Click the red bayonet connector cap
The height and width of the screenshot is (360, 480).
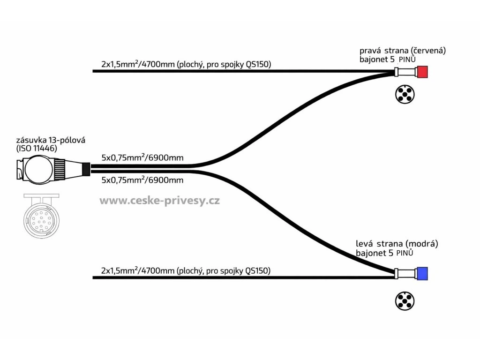pos(423,72)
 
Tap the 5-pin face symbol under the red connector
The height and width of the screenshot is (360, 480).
pos(404,95)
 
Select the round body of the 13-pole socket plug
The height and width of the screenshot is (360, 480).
pos(37,169)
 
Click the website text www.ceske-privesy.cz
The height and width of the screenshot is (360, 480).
pos(159,201)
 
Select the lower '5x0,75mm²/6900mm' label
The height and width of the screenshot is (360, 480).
pos(142,180)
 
